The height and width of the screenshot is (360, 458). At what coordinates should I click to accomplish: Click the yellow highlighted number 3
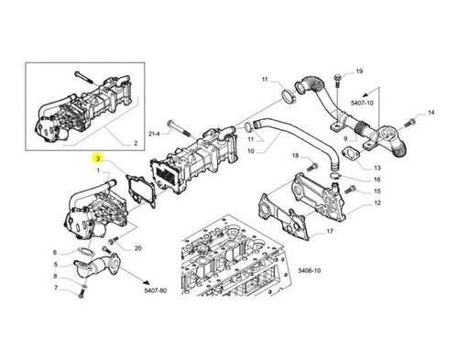(x=98, y=158)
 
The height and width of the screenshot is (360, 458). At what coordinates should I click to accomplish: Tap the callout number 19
(x=359, y=71)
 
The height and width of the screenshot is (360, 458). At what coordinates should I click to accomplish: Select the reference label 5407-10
(x=362, y=103)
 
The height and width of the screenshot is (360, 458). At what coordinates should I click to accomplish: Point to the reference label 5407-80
(x=156, y=290)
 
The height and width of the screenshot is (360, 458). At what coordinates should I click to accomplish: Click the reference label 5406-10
(x=310, y=270)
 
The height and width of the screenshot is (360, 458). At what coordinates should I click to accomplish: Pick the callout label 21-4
(x=154, y=134)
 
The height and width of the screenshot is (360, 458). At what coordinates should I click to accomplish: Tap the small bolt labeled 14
(x=409, y=123)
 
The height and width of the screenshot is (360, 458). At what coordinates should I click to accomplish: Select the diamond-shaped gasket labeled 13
(x=350, y=154)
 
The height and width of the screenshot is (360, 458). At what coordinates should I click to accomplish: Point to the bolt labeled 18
(x=313, y=167)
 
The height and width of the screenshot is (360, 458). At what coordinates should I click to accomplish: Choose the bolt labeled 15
(x=349, y=190)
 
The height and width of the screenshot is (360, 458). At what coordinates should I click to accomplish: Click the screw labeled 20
(x=113, y=240)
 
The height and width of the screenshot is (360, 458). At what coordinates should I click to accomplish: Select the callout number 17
(x=330, y=232)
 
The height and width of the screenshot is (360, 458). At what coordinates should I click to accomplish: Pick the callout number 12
(x=377, y=203)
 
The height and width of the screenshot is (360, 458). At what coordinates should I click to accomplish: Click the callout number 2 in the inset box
(x=136, y=143)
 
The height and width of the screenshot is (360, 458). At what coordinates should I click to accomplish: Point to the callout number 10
(x=251, y=151)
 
